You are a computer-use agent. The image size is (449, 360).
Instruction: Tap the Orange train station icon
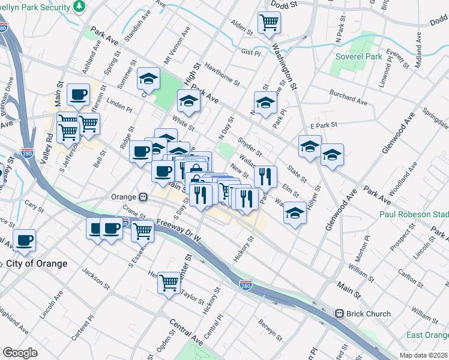click(x=143, y=197)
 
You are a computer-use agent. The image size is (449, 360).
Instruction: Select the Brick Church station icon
click(x=339, y=313)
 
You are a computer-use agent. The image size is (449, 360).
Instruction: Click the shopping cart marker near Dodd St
click(x=269, y=23)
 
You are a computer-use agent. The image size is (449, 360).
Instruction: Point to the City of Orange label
click(x=37, y=263)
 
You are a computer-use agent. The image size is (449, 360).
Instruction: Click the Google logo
click(x=20, y=353)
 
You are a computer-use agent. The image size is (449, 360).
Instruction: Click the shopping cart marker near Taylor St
click(x=169, y=281)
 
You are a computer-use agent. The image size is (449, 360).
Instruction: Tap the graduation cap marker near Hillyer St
click(x=294, y=213)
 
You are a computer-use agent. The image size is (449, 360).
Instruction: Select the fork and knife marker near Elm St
click(x=265, y=176)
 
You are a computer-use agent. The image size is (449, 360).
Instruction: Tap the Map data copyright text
click(x=423, y=355)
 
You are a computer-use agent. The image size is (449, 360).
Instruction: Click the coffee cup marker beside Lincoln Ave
click(x=24, y=240)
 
